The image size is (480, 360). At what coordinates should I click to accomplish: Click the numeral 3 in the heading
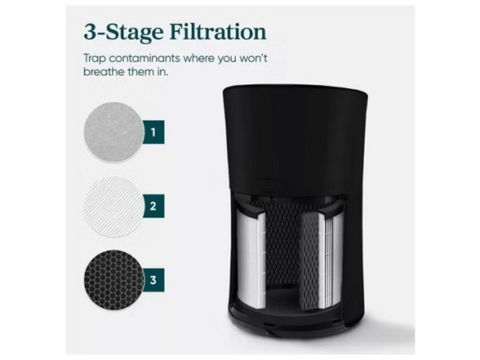91,33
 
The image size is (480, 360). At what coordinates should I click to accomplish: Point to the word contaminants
148,60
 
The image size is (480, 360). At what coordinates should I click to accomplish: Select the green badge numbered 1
152,131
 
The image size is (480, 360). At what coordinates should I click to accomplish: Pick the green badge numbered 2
152,205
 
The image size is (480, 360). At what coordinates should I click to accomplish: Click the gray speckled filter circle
111,131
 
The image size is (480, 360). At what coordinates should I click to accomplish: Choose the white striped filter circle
111,206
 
